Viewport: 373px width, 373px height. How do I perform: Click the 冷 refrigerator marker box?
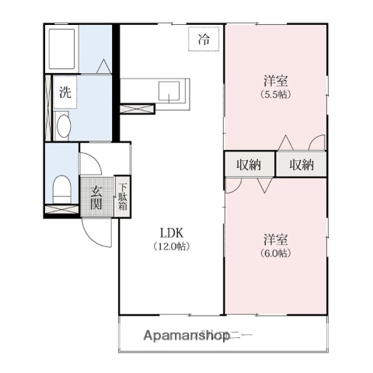pos(204,39)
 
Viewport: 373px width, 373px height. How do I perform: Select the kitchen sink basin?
pos(170,92)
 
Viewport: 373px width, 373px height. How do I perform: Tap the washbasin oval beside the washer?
pos(64,125)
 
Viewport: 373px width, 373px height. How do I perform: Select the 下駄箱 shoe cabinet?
pos(123,198)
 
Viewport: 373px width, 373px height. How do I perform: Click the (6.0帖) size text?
pos(276,253)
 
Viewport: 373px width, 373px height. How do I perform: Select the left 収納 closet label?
pos(249,165)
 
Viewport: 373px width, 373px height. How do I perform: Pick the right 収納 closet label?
pos(301,165)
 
